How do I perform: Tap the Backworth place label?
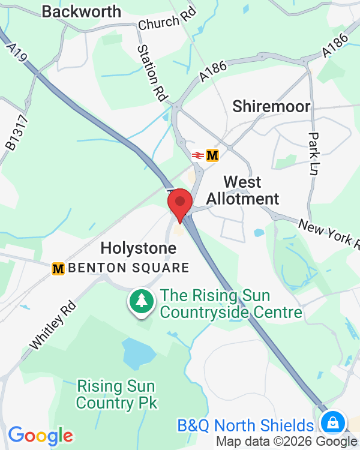pos(81,11)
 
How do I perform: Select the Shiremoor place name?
pos(272,107)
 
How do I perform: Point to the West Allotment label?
pos(242,190)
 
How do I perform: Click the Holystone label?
pos(139,248)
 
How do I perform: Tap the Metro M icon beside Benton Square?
pos(58,268)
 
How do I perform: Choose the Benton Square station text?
pos(129,268)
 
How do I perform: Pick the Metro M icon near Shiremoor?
pos(212,155)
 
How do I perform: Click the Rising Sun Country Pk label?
pos(116,394)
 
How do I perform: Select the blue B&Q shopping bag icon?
pos(331,423)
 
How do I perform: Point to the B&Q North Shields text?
pos(245,426)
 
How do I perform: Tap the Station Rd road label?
pos(151,72)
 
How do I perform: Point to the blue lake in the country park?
pos(137,353)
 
